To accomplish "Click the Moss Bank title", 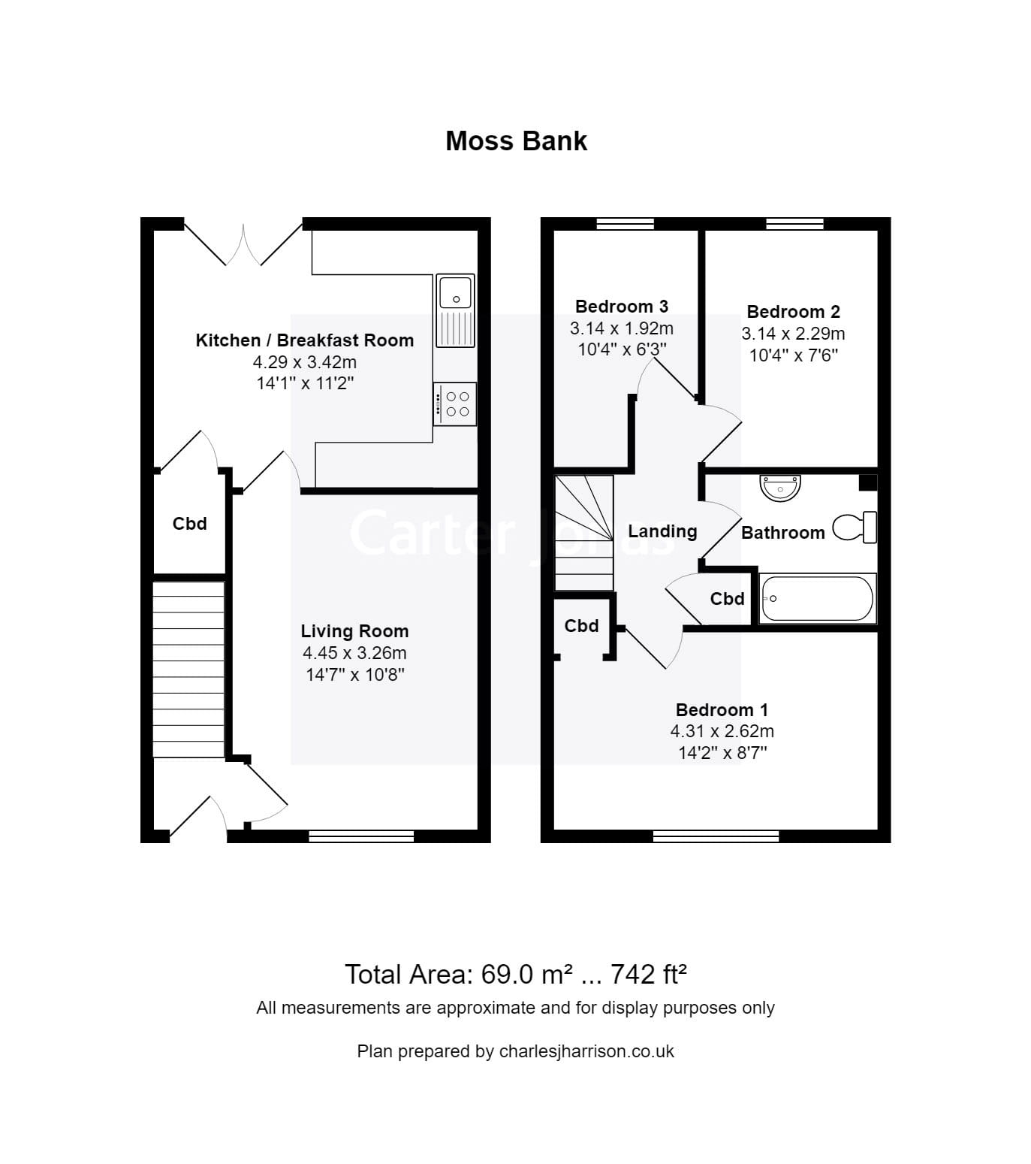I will tap(516, 141).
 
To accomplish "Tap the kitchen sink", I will tap(455, 310).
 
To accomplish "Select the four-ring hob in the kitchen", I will tap(455, 404).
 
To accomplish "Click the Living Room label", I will tap(354, 631).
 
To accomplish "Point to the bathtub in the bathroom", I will tap(817, 599).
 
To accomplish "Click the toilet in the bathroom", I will tap(855, 527).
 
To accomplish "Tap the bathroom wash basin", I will tap(781, 488).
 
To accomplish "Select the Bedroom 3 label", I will tap(621, 307).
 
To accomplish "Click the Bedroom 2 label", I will tap(793, 312).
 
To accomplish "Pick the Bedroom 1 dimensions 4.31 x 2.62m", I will tap(722, 731).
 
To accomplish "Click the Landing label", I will tap(662, 531).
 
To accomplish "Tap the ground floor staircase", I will tap(188, 669).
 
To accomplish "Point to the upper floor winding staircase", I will tap(584, 533).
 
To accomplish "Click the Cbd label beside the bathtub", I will tap(727, 599).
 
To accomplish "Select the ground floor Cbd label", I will tap(189, 524).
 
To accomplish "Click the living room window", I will tap(361, 836).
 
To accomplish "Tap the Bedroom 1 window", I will tap(716, 836).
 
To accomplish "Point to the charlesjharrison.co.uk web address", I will tap(586, 1051).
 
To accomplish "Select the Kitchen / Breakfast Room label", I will tap(304, 340).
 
